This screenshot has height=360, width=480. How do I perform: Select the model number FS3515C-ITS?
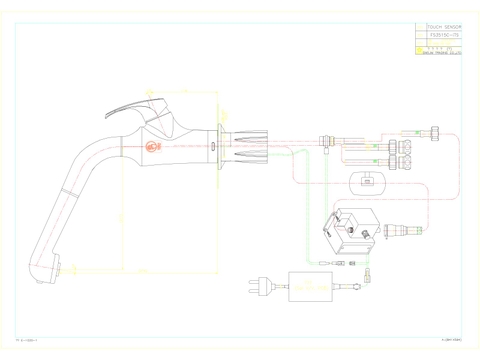tap(440, 37)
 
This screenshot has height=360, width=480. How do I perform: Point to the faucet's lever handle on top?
tap(141, 107)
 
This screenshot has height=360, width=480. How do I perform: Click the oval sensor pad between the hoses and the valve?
tap(366, 180)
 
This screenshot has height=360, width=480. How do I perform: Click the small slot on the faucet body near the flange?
tap(213, 147)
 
